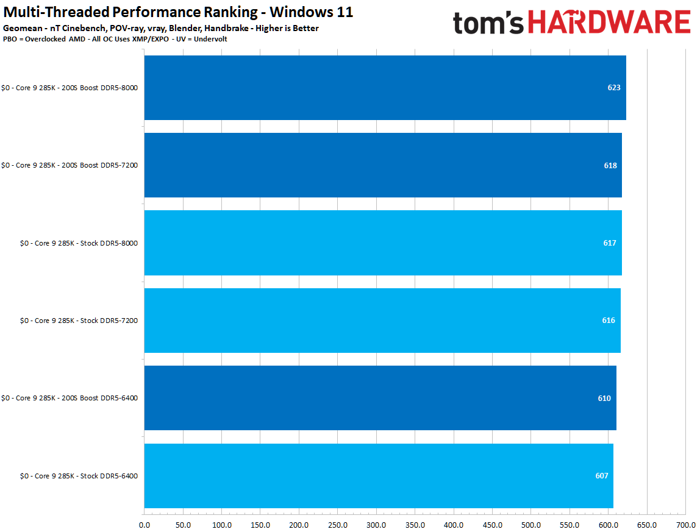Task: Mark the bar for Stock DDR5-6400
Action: (378, 475)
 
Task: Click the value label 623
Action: (613, 88)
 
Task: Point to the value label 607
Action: (602, 476)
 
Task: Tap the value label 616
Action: (609, 321)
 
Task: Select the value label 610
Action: (604, 399)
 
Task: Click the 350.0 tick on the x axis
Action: (415, 525)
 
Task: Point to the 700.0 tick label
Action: (685, 525)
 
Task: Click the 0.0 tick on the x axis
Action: (145, 525)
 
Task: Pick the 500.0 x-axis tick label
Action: (530, 525)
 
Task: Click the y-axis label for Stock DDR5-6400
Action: (79, 476)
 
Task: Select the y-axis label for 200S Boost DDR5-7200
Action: (70, 165)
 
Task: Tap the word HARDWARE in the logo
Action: (609, 23)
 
